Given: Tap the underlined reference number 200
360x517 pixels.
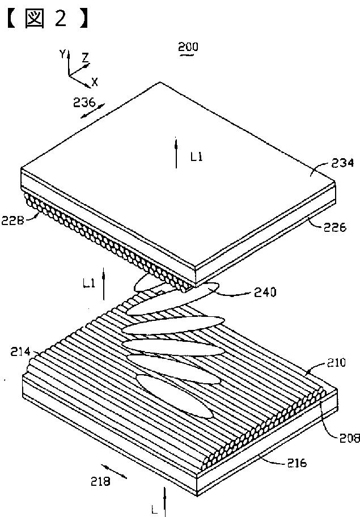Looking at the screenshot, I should pos(188,47).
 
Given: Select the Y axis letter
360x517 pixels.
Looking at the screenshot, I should pos(62,54).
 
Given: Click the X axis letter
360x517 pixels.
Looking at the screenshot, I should pos(95,82).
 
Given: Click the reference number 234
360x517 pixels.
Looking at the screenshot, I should pos(342,164).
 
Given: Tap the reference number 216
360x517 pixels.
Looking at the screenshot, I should pos(294,463).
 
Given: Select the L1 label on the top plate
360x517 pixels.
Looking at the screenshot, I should pos(196,158).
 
